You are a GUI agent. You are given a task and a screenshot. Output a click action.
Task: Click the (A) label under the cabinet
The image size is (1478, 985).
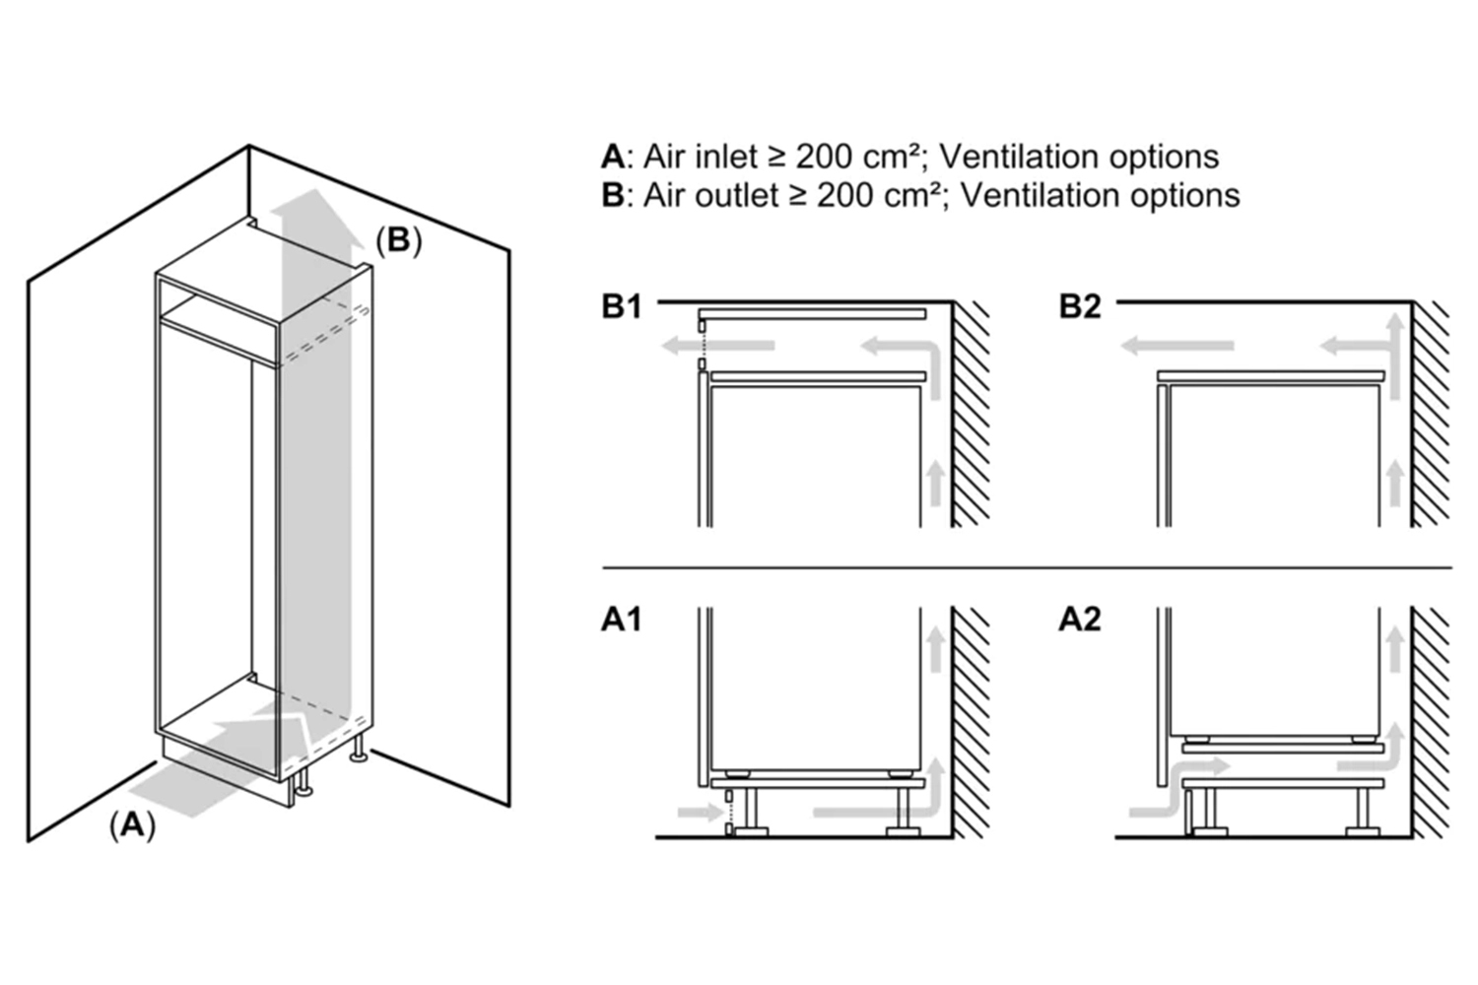(132, 825)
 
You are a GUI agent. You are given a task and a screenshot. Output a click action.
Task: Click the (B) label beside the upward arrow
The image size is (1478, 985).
(398, 240)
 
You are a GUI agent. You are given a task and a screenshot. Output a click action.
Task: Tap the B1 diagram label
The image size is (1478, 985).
(622, 306)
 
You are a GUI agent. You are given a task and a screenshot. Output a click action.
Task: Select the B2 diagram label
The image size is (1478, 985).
(1080, 306)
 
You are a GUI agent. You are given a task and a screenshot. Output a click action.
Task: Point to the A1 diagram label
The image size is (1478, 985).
(622, 620)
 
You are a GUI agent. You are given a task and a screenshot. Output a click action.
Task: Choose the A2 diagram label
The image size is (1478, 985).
(1080, 620)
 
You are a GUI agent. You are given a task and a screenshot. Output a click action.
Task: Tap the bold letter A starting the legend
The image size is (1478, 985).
(612, 157)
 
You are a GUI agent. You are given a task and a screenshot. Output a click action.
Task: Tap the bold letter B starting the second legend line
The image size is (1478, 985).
(612, 196)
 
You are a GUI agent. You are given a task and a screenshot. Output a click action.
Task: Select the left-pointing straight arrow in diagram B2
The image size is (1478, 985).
(1176, 346)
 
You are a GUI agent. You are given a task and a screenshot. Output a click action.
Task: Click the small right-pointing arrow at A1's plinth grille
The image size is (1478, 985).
(701, 813)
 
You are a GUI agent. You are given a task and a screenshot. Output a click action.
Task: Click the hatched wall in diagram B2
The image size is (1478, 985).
(1431, 414)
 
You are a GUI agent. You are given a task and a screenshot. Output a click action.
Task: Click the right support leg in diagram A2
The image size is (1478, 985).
(1365, 808)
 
